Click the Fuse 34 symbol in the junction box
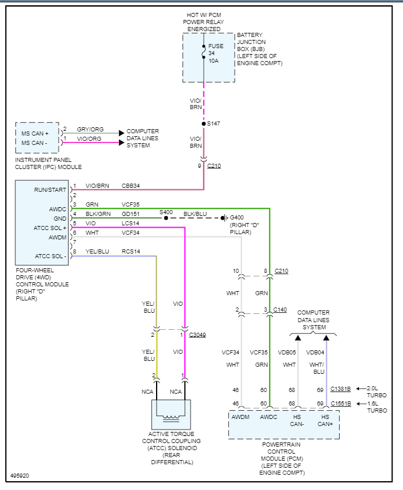204,52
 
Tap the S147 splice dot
204,124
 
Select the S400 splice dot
166,218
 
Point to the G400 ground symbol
223,218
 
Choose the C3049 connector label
198,334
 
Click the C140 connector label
280,310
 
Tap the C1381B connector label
340,388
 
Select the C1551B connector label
341,403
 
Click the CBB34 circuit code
131,185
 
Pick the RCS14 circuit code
131,251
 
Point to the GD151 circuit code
131,214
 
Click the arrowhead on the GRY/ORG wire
121,133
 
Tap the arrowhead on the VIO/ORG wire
121,143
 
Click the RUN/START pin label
50,190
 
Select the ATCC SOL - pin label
50,256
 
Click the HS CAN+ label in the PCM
325,420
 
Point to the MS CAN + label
35,133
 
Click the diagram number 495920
20,476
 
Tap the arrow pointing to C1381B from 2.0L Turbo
361,388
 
